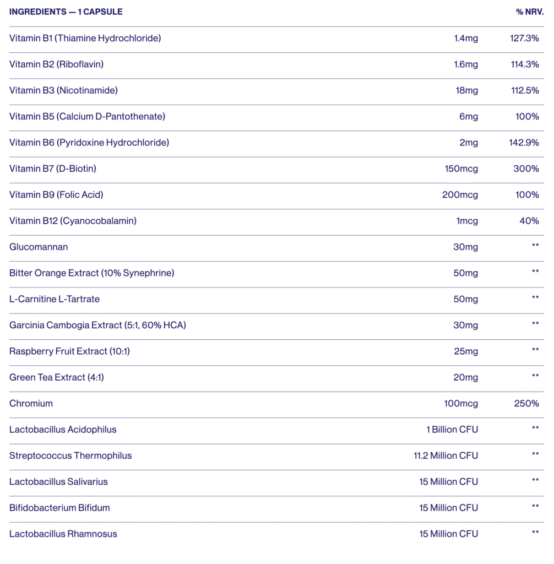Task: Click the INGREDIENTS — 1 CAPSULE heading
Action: [66, 12]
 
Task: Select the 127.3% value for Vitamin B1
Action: [525, 38]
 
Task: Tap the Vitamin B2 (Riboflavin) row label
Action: [56, 64]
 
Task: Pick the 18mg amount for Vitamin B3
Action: [467, 90]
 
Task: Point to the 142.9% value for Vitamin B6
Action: [524, 143]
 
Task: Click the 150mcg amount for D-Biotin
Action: [461, 169]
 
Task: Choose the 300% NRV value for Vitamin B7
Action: [526, 169]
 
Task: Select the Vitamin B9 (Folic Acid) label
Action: [56, 195]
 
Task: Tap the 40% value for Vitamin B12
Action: [529, 221]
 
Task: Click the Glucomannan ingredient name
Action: [39, 247]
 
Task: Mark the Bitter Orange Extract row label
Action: [91, 273]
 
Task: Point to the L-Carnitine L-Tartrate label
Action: [55, 299]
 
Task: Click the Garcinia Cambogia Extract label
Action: [97, 326]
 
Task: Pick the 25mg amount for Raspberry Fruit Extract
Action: [466, 351]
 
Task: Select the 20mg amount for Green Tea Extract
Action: [466, 377]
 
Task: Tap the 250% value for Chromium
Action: [526, 404]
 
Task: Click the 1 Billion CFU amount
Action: [452, 430]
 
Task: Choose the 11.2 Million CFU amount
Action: [442, 455]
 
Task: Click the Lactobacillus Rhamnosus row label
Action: [63, 534]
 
